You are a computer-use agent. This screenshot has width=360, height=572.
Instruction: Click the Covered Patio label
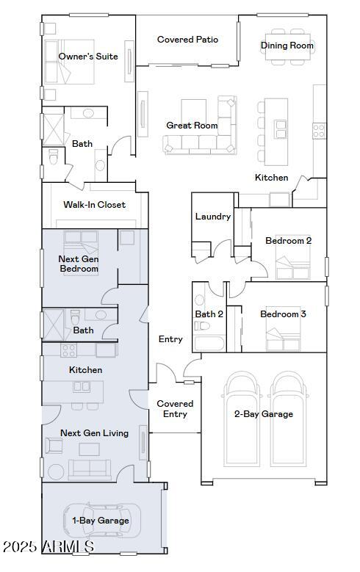coord(187,40)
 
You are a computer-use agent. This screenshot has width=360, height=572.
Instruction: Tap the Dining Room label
coord(287,46)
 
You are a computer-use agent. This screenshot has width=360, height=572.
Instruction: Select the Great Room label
coord(192,126)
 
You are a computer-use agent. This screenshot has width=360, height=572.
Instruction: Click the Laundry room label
coord(213,217)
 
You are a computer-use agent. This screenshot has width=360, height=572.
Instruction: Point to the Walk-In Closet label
coord(95,205)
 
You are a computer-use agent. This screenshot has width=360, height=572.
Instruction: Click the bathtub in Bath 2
coord(209,343)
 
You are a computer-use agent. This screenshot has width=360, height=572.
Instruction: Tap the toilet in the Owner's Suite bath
coord(54,156)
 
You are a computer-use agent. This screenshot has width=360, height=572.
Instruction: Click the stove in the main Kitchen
coord(319,131)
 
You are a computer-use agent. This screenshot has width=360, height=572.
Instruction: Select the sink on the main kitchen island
coord(281,129)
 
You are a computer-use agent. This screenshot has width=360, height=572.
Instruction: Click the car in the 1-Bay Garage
coord(102,521)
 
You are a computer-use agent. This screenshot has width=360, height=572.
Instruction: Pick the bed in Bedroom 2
coord(293,257)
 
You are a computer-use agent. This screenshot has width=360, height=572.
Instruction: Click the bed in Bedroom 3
coord(283,329)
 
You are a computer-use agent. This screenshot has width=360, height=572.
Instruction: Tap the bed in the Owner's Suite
coord(69,62)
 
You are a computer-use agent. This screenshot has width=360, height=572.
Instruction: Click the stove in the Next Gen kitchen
coord(68,350)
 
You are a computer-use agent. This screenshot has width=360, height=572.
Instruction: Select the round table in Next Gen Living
coord(56,471)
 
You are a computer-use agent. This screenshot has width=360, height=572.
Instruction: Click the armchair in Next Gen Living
coord(54,446)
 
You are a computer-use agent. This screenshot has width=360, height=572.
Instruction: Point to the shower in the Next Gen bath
coord(54,325)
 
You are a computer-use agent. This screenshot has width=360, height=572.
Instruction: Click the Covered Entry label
coord(175,409)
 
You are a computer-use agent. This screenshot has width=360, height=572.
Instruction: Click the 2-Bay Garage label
coord(264,414)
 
